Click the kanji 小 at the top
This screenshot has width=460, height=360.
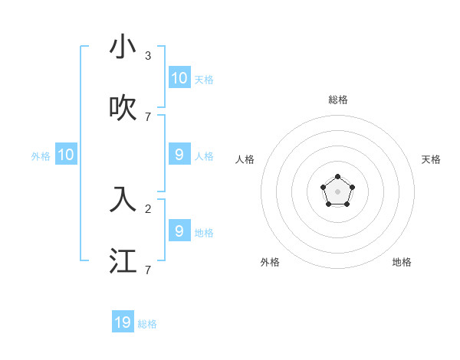click(x=123, y=47)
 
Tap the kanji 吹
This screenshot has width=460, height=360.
click(x=123, y=109)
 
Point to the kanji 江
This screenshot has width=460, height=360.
click(x=123, y=261)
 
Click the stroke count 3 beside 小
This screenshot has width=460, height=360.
click(x=148, y=55)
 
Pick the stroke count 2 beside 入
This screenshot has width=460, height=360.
click(x=148, y=208)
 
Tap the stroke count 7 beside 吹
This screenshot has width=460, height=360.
click(x=148, y=116)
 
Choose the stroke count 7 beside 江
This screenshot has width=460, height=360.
click(x=148, y=270)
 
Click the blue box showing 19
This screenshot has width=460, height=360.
click(x=123, y=322)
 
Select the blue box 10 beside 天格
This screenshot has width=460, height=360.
click(x=179, y=77)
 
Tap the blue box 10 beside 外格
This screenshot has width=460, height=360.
click(x=66, y=155)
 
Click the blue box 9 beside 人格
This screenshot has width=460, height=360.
click(x=179, y=155)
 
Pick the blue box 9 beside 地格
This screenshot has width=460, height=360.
click(x=179, y=231)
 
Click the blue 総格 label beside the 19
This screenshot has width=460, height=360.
click(x=147, y=324)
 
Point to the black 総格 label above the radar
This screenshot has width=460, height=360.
click(x=337, y=100)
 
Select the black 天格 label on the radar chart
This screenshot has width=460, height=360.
click(x=431, y=159)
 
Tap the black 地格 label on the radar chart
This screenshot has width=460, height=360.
click(x=402, y=262)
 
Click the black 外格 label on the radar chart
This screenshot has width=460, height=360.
click(x=270, y=262)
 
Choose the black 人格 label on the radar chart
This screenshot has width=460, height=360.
click(x=245, y=159)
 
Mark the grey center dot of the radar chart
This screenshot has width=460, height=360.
click(x=337, y=191)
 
